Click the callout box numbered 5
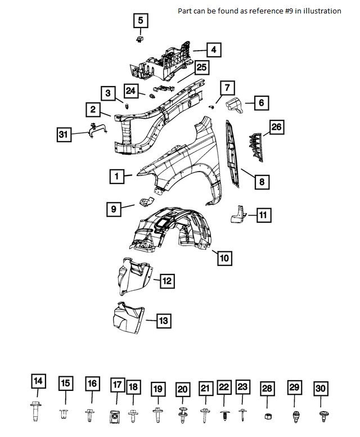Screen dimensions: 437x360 (x=141, y=21)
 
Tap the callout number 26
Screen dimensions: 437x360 (x=276, y=128)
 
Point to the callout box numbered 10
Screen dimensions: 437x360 (x=224, y=258)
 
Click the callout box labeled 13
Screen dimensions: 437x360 (x=163, y=321)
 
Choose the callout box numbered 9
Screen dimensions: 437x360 (x=114, y=209)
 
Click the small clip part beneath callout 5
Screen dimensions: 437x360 (x=139, y=39)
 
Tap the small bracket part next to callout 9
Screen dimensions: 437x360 (x=145, y=202)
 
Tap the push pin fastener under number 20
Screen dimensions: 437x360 (x=182, y=415)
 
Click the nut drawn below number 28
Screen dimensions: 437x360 (x=267, y=416)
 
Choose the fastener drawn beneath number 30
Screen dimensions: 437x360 (x=321, y=415)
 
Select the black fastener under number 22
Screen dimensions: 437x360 (x=223, y=416)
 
